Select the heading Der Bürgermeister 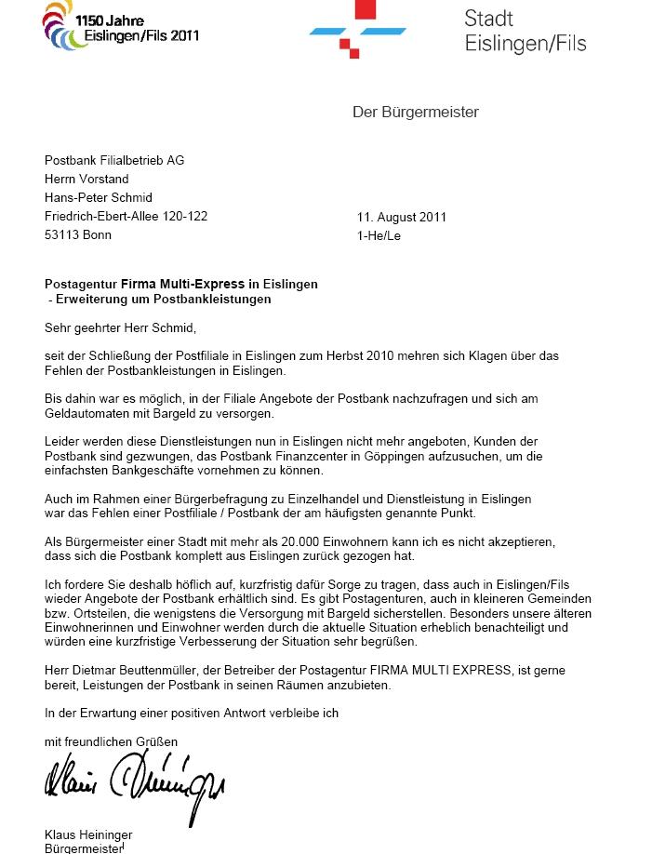point(415,113)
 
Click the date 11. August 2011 point(402,218)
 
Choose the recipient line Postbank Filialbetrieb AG point(114,161)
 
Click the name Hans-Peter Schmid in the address point(98,198)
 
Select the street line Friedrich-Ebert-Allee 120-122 point(126,217)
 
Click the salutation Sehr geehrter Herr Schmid point(121,327)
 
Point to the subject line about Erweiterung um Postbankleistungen point(160,300)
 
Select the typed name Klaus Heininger point(88,835)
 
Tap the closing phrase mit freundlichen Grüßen point(111,741)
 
